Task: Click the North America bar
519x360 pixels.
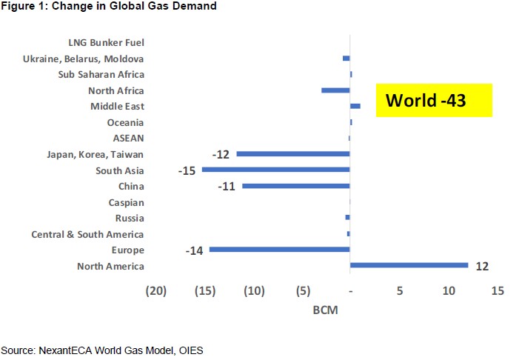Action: point(409,265)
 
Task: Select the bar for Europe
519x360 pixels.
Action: point(279,250)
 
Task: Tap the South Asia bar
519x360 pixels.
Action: point(275,170)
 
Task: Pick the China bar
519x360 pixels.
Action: point(295,186)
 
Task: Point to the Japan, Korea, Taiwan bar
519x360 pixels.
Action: point(292,154)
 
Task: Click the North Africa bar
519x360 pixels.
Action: point(335,90)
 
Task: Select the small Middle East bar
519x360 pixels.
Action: point(355,106)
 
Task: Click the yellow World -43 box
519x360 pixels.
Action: point(434,100)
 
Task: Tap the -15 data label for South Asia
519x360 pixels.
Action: point(187,170)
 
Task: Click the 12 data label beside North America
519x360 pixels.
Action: point(483,265)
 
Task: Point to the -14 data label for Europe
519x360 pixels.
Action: point(194,250)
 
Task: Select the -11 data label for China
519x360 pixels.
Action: point(227,187)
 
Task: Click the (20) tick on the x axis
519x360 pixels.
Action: point(155,291)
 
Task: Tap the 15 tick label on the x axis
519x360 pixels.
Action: point(497,291)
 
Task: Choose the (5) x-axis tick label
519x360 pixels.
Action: point(302,291)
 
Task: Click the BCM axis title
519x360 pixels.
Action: point(326,310)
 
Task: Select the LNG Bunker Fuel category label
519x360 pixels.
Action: point(106,42)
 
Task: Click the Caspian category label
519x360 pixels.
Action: point(126,202)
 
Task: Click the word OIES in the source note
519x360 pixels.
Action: point(190,350)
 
